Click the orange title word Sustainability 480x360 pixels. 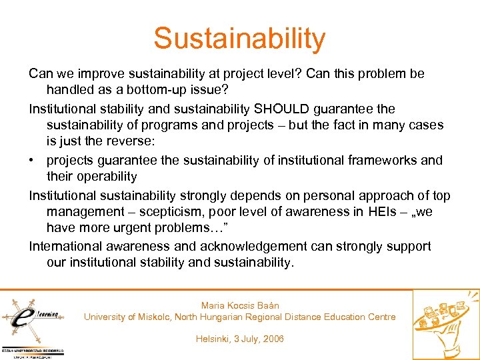[x=239, y=39]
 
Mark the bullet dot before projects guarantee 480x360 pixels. [x=33, y=161]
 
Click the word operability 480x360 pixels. [x=105, y=177]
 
